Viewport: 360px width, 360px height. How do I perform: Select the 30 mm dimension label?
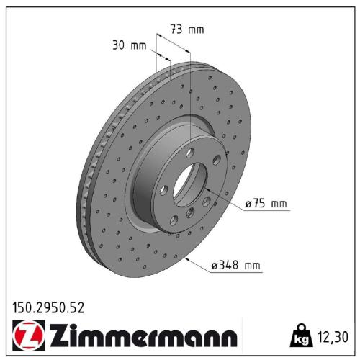(x=130, y=45)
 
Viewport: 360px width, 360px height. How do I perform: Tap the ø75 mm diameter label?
(x=266, y=204)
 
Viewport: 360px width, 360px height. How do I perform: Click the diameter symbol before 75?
(x=248, y=204)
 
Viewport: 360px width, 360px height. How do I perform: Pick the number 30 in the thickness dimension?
(x=120, y=45)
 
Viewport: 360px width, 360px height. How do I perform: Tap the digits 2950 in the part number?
(x=49, y=308)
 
